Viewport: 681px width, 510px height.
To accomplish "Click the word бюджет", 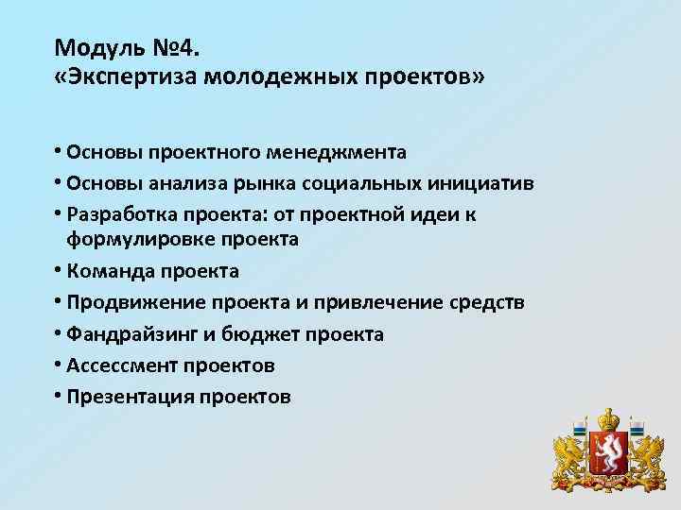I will point(271,334).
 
